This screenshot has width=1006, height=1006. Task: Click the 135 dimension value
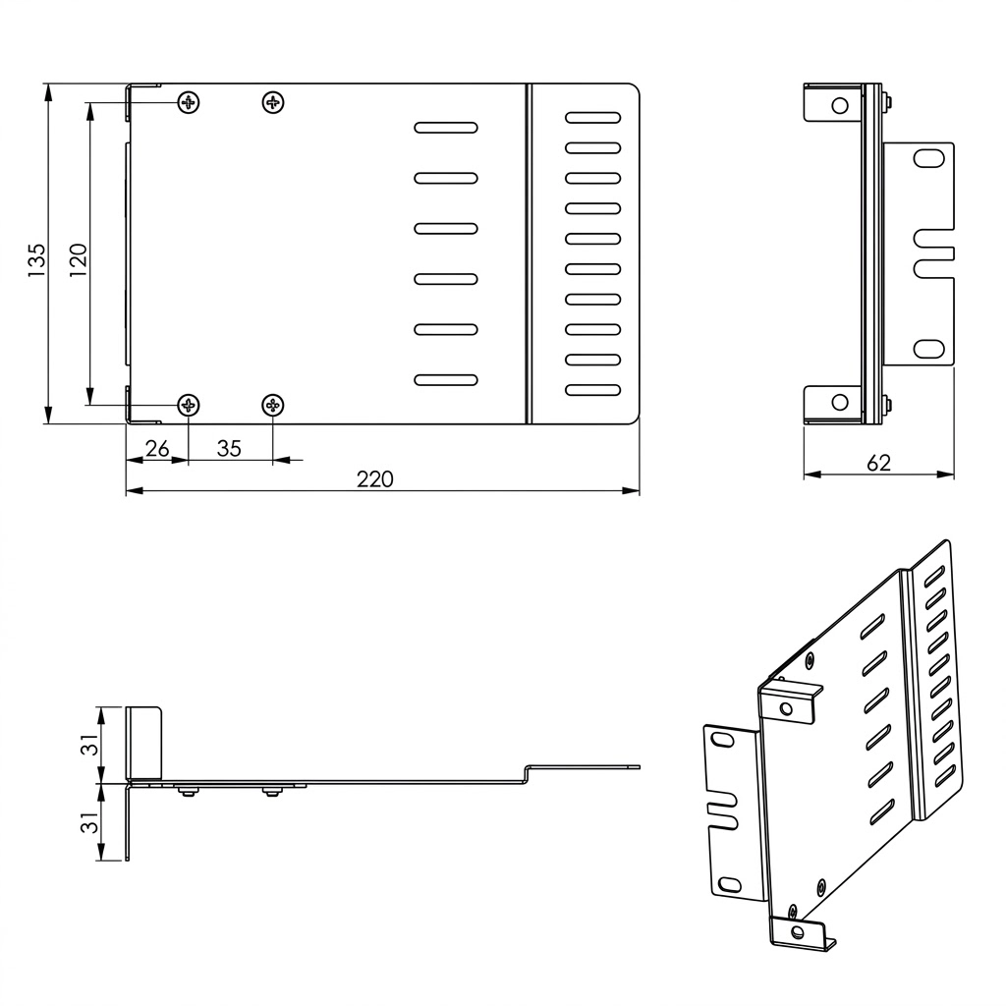pos(36,259)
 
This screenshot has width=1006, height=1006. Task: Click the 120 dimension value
pos(78,259)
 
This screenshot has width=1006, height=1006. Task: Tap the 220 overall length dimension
pos(375,478)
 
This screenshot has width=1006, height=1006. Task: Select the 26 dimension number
pos(157,448)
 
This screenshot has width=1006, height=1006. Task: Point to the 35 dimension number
pos(229,448)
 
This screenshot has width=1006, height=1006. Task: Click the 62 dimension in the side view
pos(878,463)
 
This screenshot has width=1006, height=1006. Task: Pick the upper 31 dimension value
pos(91,745)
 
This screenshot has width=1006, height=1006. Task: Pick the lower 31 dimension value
pos(91,822)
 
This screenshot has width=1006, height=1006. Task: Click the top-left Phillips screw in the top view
pos(189,102)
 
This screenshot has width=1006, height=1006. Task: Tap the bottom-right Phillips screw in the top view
pos(273,405)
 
